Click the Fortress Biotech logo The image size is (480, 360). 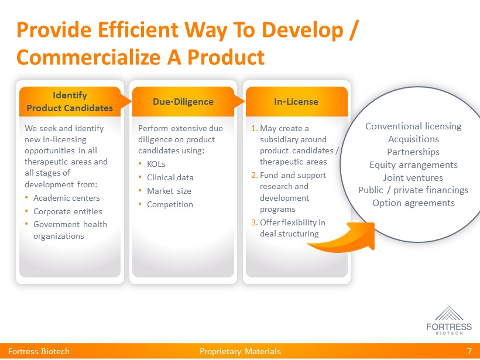coord(449,319)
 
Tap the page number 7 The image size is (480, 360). coord(469,351)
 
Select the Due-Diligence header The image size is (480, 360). coord(183,102)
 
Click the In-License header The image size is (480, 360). coord(296,102)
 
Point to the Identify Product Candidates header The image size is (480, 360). coord(70,102)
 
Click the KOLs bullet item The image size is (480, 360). coord(156,164)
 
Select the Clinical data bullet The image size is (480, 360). coord(170,177)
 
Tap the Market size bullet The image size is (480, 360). coord(169,191)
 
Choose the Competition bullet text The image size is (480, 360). coord(170,204)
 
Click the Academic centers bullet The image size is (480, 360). coord(67,198)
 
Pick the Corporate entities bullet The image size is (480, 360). coord(68,211)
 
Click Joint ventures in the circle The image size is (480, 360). coord(413,177)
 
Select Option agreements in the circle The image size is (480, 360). coord(413,203)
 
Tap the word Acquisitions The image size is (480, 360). coord(413,139)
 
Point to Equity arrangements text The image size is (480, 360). coord(413,165)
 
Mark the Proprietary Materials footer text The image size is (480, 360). coord(240,351)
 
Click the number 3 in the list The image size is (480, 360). coord(254,222)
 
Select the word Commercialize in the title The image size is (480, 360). coord(88,58)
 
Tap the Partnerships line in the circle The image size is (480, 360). coord(413,152)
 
